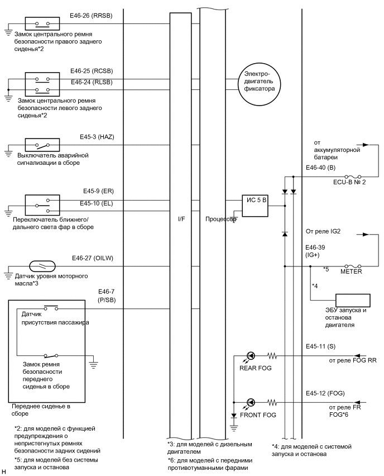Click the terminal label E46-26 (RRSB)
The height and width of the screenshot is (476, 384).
coord(92,16)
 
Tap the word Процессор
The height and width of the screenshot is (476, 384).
coord(219,220)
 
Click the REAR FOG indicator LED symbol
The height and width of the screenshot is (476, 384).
coord(251,356)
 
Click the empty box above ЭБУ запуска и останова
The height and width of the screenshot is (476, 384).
coord(352,300)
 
